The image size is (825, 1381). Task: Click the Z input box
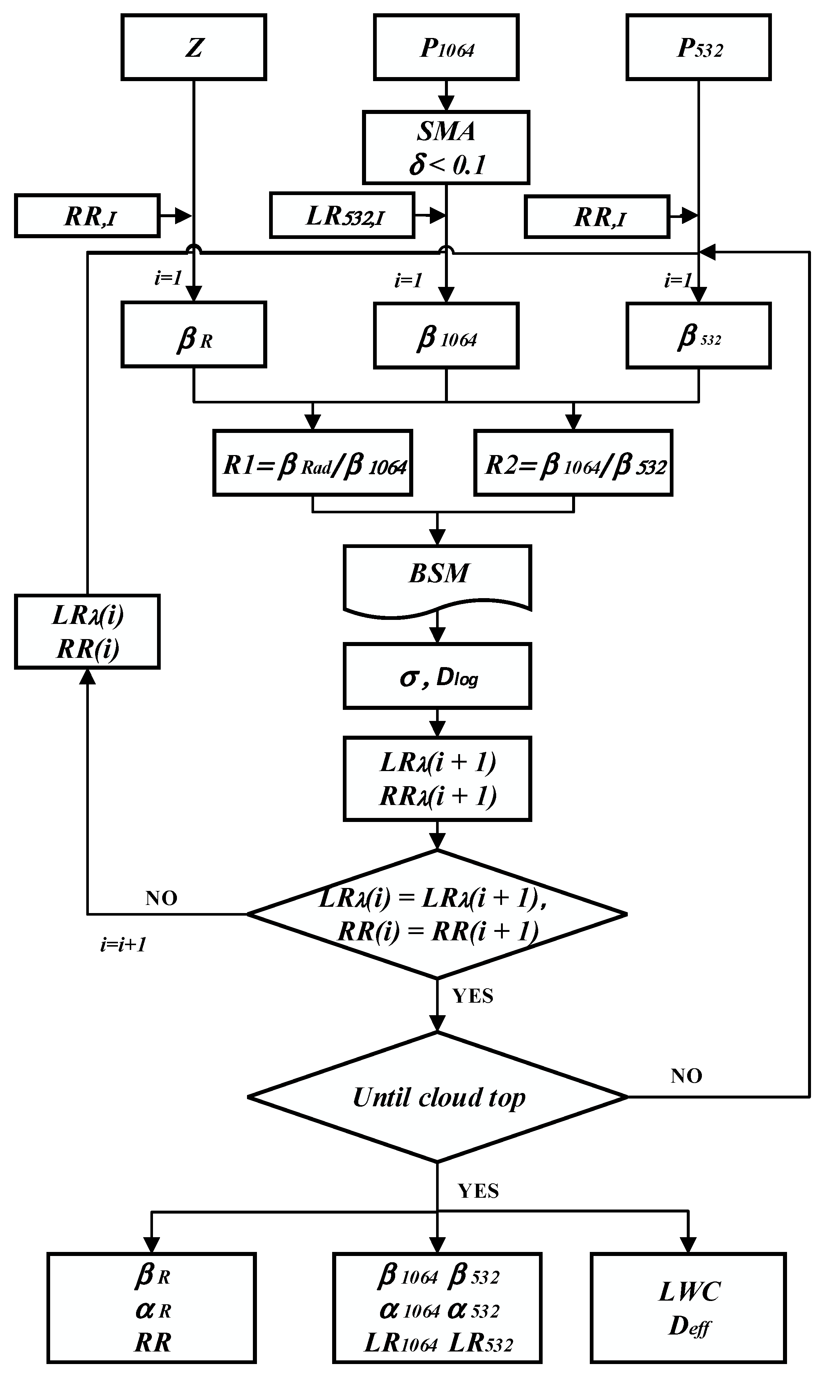pyautogui.click(x=194, y=47)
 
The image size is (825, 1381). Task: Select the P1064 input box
pyautogui.click(x=446, y=47)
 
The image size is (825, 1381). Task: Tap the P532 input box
pyautogui.click(x=698, y=47)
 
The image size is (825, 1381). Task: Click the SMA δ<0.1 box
pyautogui.click(x=446, y=148)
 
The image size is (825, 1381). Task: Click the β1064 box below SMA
pyautogui.click(x=446, y=335)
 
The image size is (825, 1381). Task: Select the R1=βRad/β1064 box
pyautogui.click(x=313, y=462)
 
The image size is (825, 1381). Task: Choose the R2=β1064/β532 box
pyautogui.click(x=573, y=462)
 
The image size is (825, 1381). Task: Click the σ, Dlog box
pyautogui.click(x=438, y=676)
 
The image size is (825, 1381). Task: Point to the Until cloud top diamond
pyautogui.click(x=438, y=1097)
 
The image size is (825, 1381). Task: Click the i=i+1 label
pyautogui.click(x=123, y=944)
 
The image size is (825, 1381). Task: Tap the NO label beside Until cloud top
pyautogui.click(x=686, y=1076)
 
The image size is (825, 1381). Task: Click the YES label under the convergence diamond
pyautogui.click(x=473, y=996)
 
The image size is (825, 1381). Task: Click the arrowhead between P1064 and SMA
pyautogui.click(x=446, y=103)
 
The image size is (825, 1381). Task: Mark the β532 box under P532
pyautogui.click(x=698, y=335)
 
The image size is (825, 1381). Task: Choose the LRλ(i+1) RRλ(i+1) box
pyautogui.click(x=438, y=778)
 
